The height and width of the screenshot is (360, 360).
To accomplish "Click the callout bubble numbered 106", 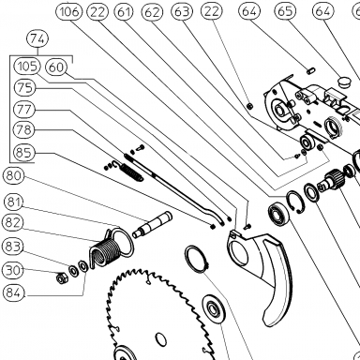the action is tap(68, 12).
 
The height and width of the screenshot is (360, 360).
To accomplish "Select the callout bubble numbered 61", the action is tap(124, 12).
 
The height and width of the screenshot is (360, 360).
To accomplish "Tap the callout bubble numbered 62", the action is tap(153, 12).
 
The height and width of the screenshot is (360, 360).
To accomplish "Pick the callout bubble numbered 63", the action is tap(182, 12).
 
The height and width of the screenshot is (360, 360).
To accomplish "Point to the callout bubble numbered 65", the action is tap(285, 11).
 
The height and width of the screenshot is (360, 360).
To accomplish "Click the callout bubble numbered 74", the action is tap(38, 39).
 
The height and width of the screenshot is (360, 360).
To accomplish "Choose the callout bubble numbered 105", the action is tap(27, 67).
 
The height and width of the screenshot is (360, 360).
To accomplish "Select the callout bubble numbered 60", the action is tap(56, 67).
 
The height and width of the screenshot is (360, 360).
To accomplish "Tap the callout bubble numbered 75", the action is tap(25, 88).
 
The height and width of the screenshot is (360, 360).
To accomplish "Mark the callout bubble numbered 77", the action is tap(24, 110).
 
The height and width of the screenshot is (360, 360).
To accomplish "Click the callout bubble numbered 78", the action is tap(24, 129).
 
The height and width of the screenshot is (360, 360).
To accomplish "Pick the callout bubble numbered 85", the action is tap(24, 153).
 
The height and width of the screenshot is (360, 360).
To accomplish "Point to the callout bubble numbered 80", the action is tap(13, 175).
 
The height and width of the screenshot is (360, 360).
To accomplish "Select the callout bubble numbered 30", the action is tap(13, 270).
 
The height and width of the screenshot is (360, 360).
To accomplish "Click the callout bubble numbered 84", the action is tap(13, 293).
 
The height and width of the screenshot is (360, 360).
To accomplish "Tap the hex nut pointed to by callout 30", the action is tap(60, 277).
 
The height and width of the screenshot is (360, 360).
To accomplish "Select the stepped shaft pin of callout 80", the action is tap(152, 224).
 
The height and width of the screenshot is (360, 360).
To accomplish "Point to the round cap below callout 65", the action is tap(345, 82).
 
